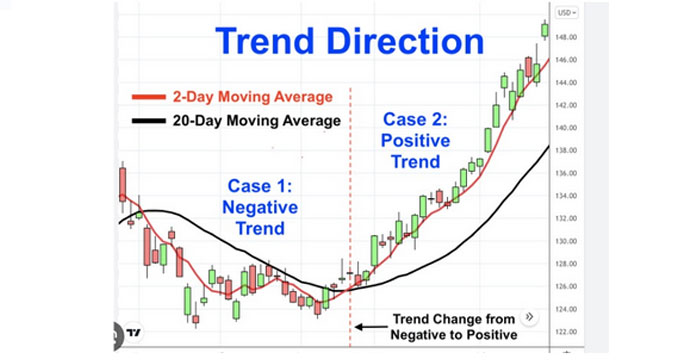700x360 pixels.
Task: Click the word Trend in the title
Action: click(x=265, y=41)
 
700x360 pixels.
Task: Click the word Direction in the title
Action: click(x=405, y=41)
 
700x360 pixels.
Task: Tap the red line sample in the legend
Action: click(x=149, y=97)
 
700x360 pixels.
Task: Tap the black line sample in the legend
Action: click(x=149, y=121)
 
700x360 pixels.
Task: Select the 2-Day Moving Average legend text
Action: click(x=253, y=97)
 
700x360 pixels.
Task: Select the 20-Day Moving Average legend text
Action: click(x=257, y=121)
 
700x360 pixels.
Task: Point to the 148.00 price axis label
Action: click(x=566, y=37)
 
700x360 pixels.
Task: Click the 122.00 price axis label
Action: click(x=566, y=332)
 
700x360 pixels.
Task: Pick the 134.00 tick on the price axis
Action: click(x=566, y=196)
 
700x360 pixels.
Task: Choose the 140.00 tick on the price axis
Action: click(x=566, y=128)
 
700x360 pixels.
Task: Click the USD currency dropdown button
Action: click(x=567, y=13)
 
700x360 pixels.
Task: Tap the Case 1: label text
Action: click(x=260, y=186)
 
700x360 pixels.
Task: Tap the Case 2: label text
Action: click(x=415, y=119)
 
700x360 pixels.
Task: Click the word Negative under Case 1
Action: click(x=260, y=207)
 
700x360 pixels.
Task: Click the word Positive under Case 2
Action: click(x=415, y=141)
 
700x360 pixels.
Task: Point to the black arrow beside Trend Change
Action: click(x=371, y=327)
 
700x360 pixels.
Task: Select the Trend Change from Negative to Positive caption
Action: click(x=454, y=327)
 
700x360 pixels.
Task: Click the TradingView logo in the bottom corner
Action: click(x=134, y=333)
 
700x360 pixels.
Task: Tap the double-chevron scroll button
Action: click(x=529, y=317)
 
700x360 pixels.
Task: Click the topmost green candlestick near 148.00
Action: click(x=545, y=30)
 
